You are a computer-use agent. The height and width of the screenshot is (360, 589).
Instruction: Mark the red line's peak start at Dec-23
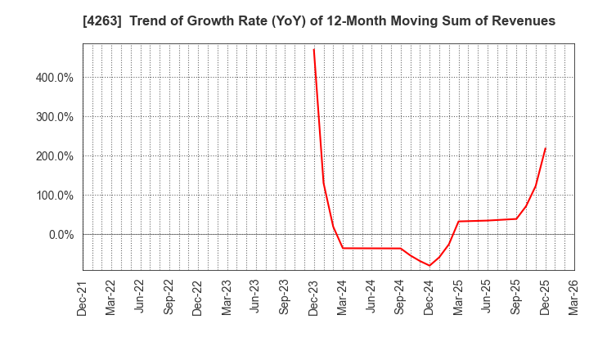[x=313, y=49]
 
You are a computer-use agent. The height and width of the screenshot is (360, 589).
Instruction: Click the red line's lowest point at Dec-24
[x=429, y=266]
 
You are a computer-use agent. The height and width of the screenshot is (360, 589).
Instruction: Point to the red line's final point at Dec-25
[x=545, y=148]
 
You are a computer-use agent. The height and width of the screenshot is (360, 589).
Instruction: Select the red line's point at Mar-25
[x=458, y=221]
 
